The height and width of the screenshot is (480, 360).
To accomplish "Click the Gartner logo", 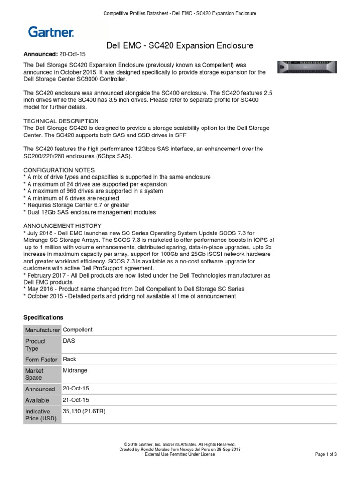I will [51, 32].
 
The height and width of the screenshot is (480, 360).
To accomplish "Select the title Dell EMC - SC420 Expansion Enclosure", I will [180, 45].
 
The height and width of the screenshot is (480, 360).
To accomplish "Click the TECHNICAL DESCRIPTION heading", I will [61, 121].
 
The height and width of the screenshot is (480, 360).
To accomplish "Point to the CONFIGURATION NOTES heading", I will [59, 170].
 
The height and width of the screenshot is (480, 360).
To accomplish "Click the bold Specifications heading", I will [43, 317].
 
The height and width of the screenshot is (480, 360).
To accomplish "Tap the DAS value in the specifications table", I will [69, 341].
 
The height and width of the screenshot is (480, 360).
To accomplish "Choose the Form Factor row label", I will [41, 360].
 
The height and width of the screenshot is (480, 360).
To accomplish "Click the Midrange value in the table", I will [75, 370].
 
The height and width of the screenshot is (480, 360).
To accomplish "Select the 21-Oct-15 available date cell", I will [76, 400].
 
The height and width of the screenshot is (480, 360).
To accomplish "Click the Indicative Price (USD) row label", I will [41, 415].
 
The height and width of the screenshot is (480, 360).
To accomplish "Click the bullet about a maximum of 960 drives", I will [93, 191].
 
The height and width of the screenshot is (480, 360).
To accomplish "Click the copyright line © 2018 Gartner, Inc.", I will [180, 444].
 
